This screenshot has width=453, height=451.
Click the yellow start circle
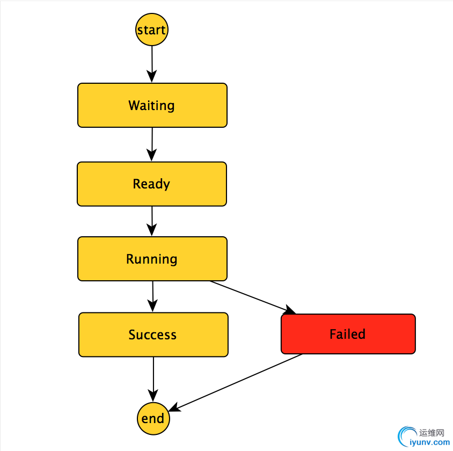[x=151, y=30]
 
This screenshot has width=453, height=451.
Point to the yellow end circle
[x=153, y=418]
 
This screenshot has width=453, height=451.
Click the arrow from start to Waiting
[x=152, y=63]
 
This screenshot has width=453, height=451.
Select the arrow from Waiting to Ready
[x=152, y=144]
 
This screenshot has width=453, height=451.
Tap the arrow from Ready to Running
[x=152, y=221]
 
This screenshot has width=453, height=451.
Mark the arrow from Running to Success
[x=153, y=296]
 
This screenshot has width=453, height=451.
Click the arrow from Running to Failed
[x=252, y=297]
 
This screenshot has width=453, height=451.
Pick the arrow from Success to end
[x=154, y=379]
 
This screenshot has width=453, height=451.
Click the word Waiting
[x=151, y=105]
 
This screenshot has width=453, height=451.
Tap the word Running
[x=151, y=259]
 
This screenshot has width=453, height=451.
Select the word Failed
[x=347, y=334]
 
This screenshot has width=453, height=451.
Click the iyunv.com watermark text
[x=429, y=442]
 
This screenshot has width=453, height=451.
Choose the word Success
[x=152, y=334]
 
